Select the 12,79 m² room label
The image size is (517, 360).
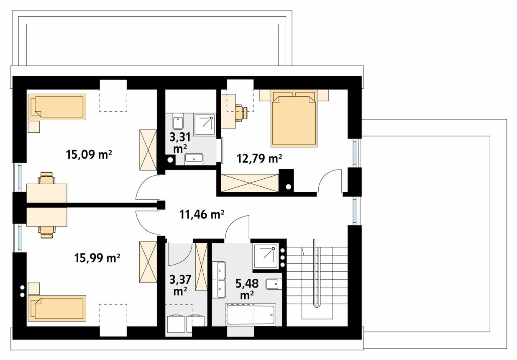coord(259,159)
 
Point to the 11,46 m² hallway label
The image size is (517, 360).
coord(202,215)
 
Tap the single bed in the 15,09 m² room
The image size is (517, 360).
coord(57,107)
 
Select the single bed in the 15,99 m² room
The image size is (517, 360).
coord(57,308)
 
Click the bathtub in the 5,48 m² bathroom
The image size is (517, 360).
coord(251,315)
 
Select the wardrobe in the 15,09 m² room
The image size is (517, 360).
coord(147,149)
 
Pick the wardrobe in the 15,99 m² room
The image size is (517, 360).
coord(147,262)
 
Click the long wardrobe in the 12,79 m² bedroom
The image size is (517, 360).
coord(249,183)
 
